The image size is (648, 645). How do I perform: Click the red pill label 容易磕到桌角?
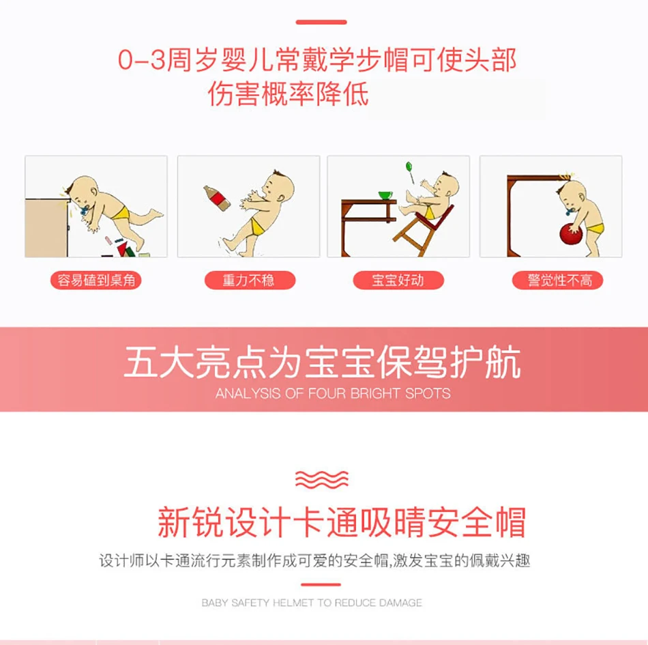click(96, 281)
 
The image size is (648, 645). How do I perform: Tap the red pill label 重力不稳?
click(250, 281)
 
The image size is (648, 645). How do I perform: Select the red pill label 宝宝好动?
click(398, 281)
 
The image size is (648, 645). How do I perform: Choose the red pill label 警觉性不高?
click(557, 281)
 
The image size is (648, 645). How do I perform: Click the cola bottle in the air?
click(216, 199)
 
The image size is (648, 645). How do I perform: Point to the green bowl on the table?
click(385, 195)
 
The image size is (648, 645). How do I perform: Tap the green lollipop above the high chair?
click(410, 171)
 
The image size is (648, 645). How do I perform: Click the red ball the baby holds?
click(571, 234)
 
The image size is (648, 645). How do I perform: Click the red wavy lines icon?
click(322, 479)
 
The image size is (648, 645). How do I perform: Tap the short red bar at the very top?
click(321, 22)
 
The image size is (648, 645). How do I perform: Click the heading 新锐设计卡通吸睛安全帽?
click(341, 521)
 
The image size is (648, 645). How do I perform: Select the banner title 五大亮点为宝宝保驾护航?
click(323, 362)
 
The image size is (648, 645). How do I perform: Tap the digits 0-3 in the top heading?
click(141, 60)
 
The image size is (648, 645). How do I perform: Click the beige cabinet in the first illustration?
click(46, 228)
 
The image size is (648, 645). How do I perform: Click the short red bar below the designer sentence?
click(321, 585)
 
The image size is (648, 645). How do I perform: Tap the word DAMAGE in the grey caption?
click(400, 603)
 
